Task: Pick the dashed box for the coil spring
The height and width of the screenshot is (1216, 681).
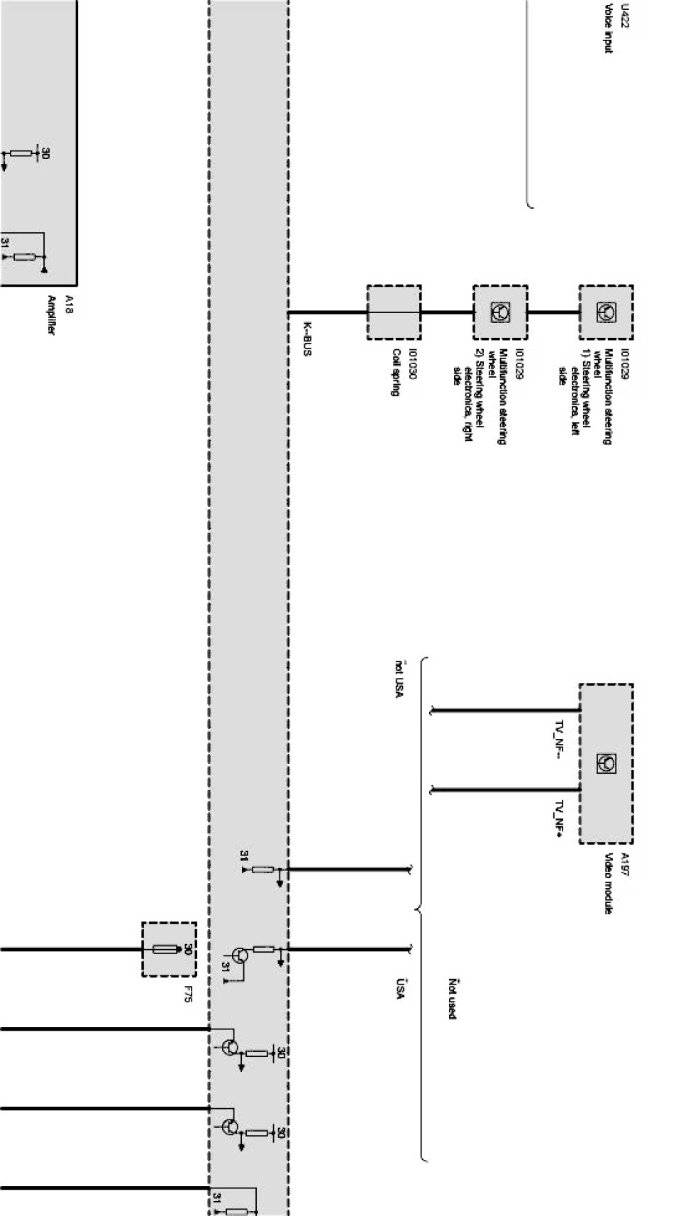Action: (x=394, y=312)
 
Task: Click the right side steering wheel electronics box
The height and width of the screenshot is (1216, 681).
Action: (x=500, y=312)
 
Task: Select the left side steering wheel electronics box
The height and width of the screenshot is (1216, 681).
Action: (x=605, y=312)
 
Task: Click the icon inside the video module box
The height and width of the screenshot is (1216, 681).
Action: (x=607, y=763)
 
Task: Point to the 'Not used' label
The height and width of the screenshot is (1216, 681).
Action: (x=452, y=998)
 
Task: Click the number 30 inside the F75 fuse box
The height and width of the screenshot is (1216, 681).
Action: (x=188, y=949)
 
